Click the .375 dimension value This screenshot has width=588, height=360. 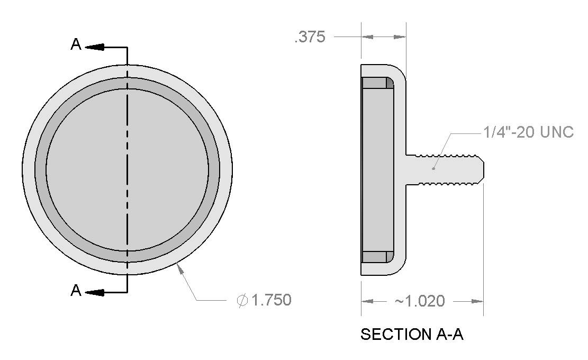click(310, 37)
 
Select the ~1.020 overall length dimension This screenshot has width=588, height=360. click(420, 301)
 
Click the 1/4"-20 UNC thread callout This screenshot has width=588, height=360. click(528, 132)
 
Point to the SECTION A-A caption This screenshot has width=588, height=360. click(412, 334)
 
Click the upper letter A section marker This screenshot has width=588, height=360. click(76, 44)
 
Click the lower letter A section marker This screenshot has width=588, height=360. click(76, 290)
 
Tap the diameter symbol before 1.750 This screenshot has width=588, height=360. click(242, 300)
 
